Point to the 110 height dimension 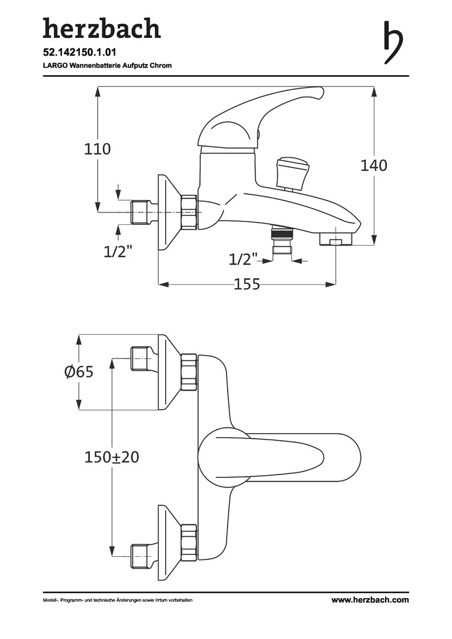click(97, 149)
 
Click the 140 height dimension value click(374, 166)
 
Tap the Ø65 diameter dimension click(79, 372)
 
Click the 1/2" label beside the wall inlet click(117, 251)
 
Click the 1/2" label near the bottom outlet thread click(244, 259)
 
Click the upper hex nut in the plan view click(189, 372)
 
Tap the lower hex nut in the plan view click(189, 542)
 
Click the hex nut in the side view click(189, 212)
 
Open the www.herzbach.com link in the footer click(370, 600)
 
